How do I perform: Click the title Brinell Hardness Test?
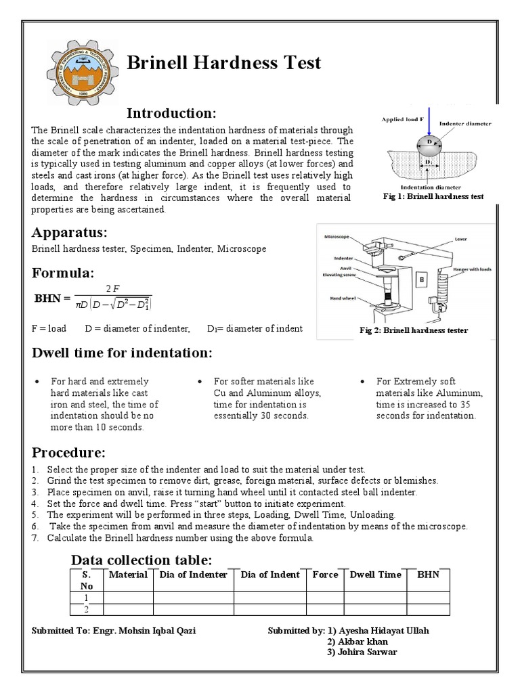pos(224,64)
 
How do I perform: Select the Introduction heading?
pos(171,112)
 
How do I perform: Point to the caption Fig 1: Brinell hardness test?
pos(434,196)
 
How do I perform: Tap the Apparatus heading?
pos(70,233)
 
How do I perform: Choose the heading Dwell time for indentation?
pos(123,354)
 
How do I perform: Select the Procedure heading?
pos(68,452)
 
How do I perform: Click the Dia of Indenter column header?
pos(193,575)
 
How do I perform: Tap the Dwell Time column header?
pos(375,575)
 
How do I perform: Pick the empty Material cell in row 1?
pos(128,598)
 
